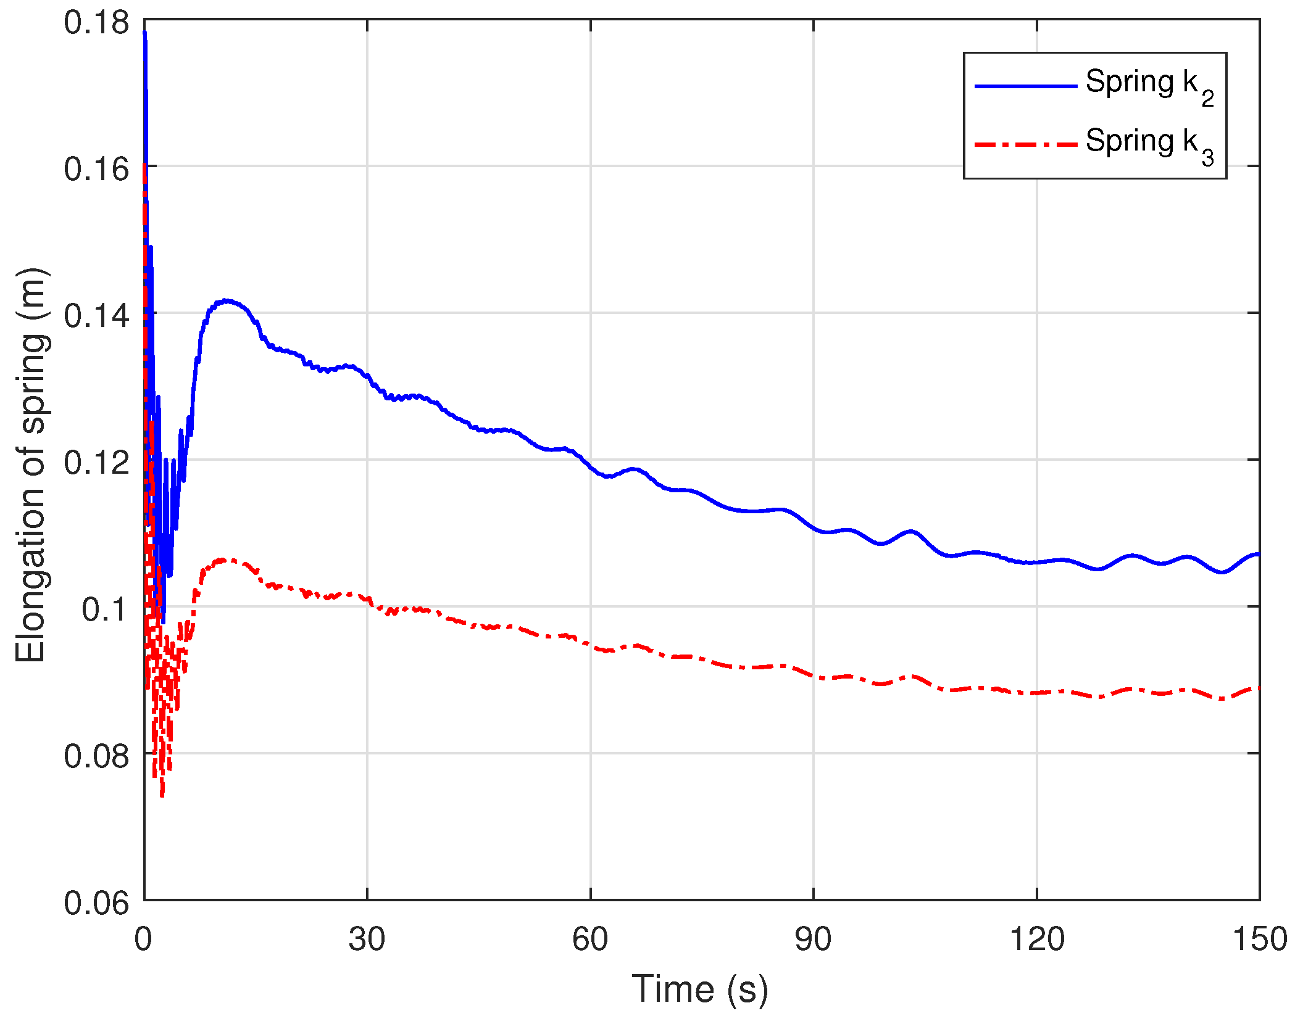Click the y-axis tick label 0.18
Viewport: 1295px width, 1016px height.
coord(96,23)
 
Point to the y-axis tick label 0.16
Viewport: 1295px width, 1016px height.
coord(96,169)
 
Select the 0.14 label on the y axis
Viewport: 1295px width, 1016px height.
coord(96,316)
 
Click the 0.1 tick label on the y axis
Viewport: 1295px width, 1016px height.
coord(105,609)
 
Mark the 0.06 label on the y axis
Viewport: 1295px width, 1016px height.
coord(96,903)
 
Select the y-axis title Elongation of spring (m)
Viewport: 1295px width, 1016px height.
coord(31,465)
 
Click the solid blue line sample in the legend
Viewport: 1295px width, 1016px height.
coord(1025,86)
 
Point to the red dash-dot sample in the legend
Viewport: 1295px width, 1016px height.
coord(1025,145)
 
